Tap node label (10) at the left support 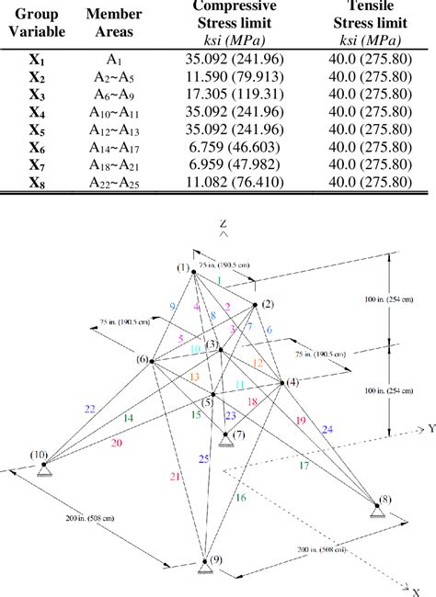tap(39, 455)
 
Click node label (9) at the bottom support tap(214, 559)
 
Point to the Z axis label tap(222, 223)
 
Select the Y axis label tap(429, 429)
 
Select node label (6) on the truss tap(143, 359)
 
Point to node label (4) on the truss tap(293, 381)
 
